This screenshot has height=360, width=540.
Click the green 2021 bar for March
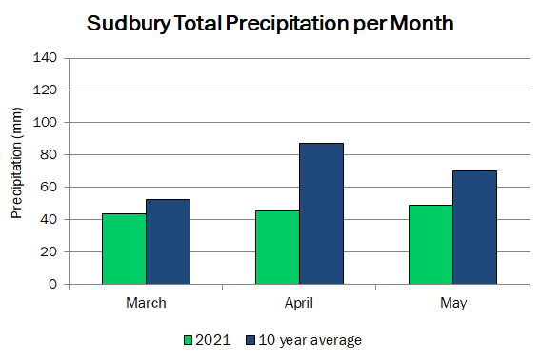click(x=125, y=249)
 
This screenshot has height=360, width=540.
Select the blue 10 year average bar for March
click(x=168, y=242)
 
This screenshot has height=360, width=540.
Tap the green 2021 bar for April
click(x=277, y=248)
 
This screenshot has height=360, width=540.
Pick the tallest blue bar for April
click(x=321, y=213)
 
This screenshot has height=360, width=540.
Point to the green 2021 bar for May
click(x=430, y=245)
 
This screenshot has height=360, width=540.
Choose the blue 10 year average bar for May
click(x=474, y=228)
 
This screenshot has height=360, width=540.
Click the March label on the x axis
click(x=146, y=303)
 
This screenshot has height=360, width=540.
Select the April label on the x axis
click(x=299, y=304)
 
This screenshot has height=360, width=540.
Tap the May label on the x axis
click(x=453, y=304)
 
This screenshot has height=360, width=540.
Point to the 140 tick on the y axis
click(x=45, y=57)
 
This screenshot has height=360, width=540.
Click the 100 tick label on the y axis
click(x=45, y=122)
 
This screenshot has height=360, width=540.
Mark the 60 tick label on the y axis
click(x=49, y=187)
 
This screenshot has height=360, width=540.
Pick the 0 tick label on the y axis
click(x=52, y=284)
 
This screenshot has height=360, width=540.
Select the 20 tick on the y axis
click(x=49, y=251)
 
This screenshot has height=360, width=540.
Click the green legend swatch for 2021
click(x=188, y=340)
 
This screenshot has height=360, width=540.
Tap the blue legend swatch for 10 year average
click(x=250, y=340)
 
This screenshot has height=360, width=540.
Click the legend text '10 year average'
click(x=310, y=340)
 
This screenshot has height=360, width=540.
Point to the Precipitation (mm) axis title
click(x=16, y=163)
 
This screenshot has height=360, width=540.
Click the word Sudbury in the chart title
click(x=129, y=24)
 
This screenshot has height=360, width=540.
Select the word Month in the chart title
click(x=422, y=23)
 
